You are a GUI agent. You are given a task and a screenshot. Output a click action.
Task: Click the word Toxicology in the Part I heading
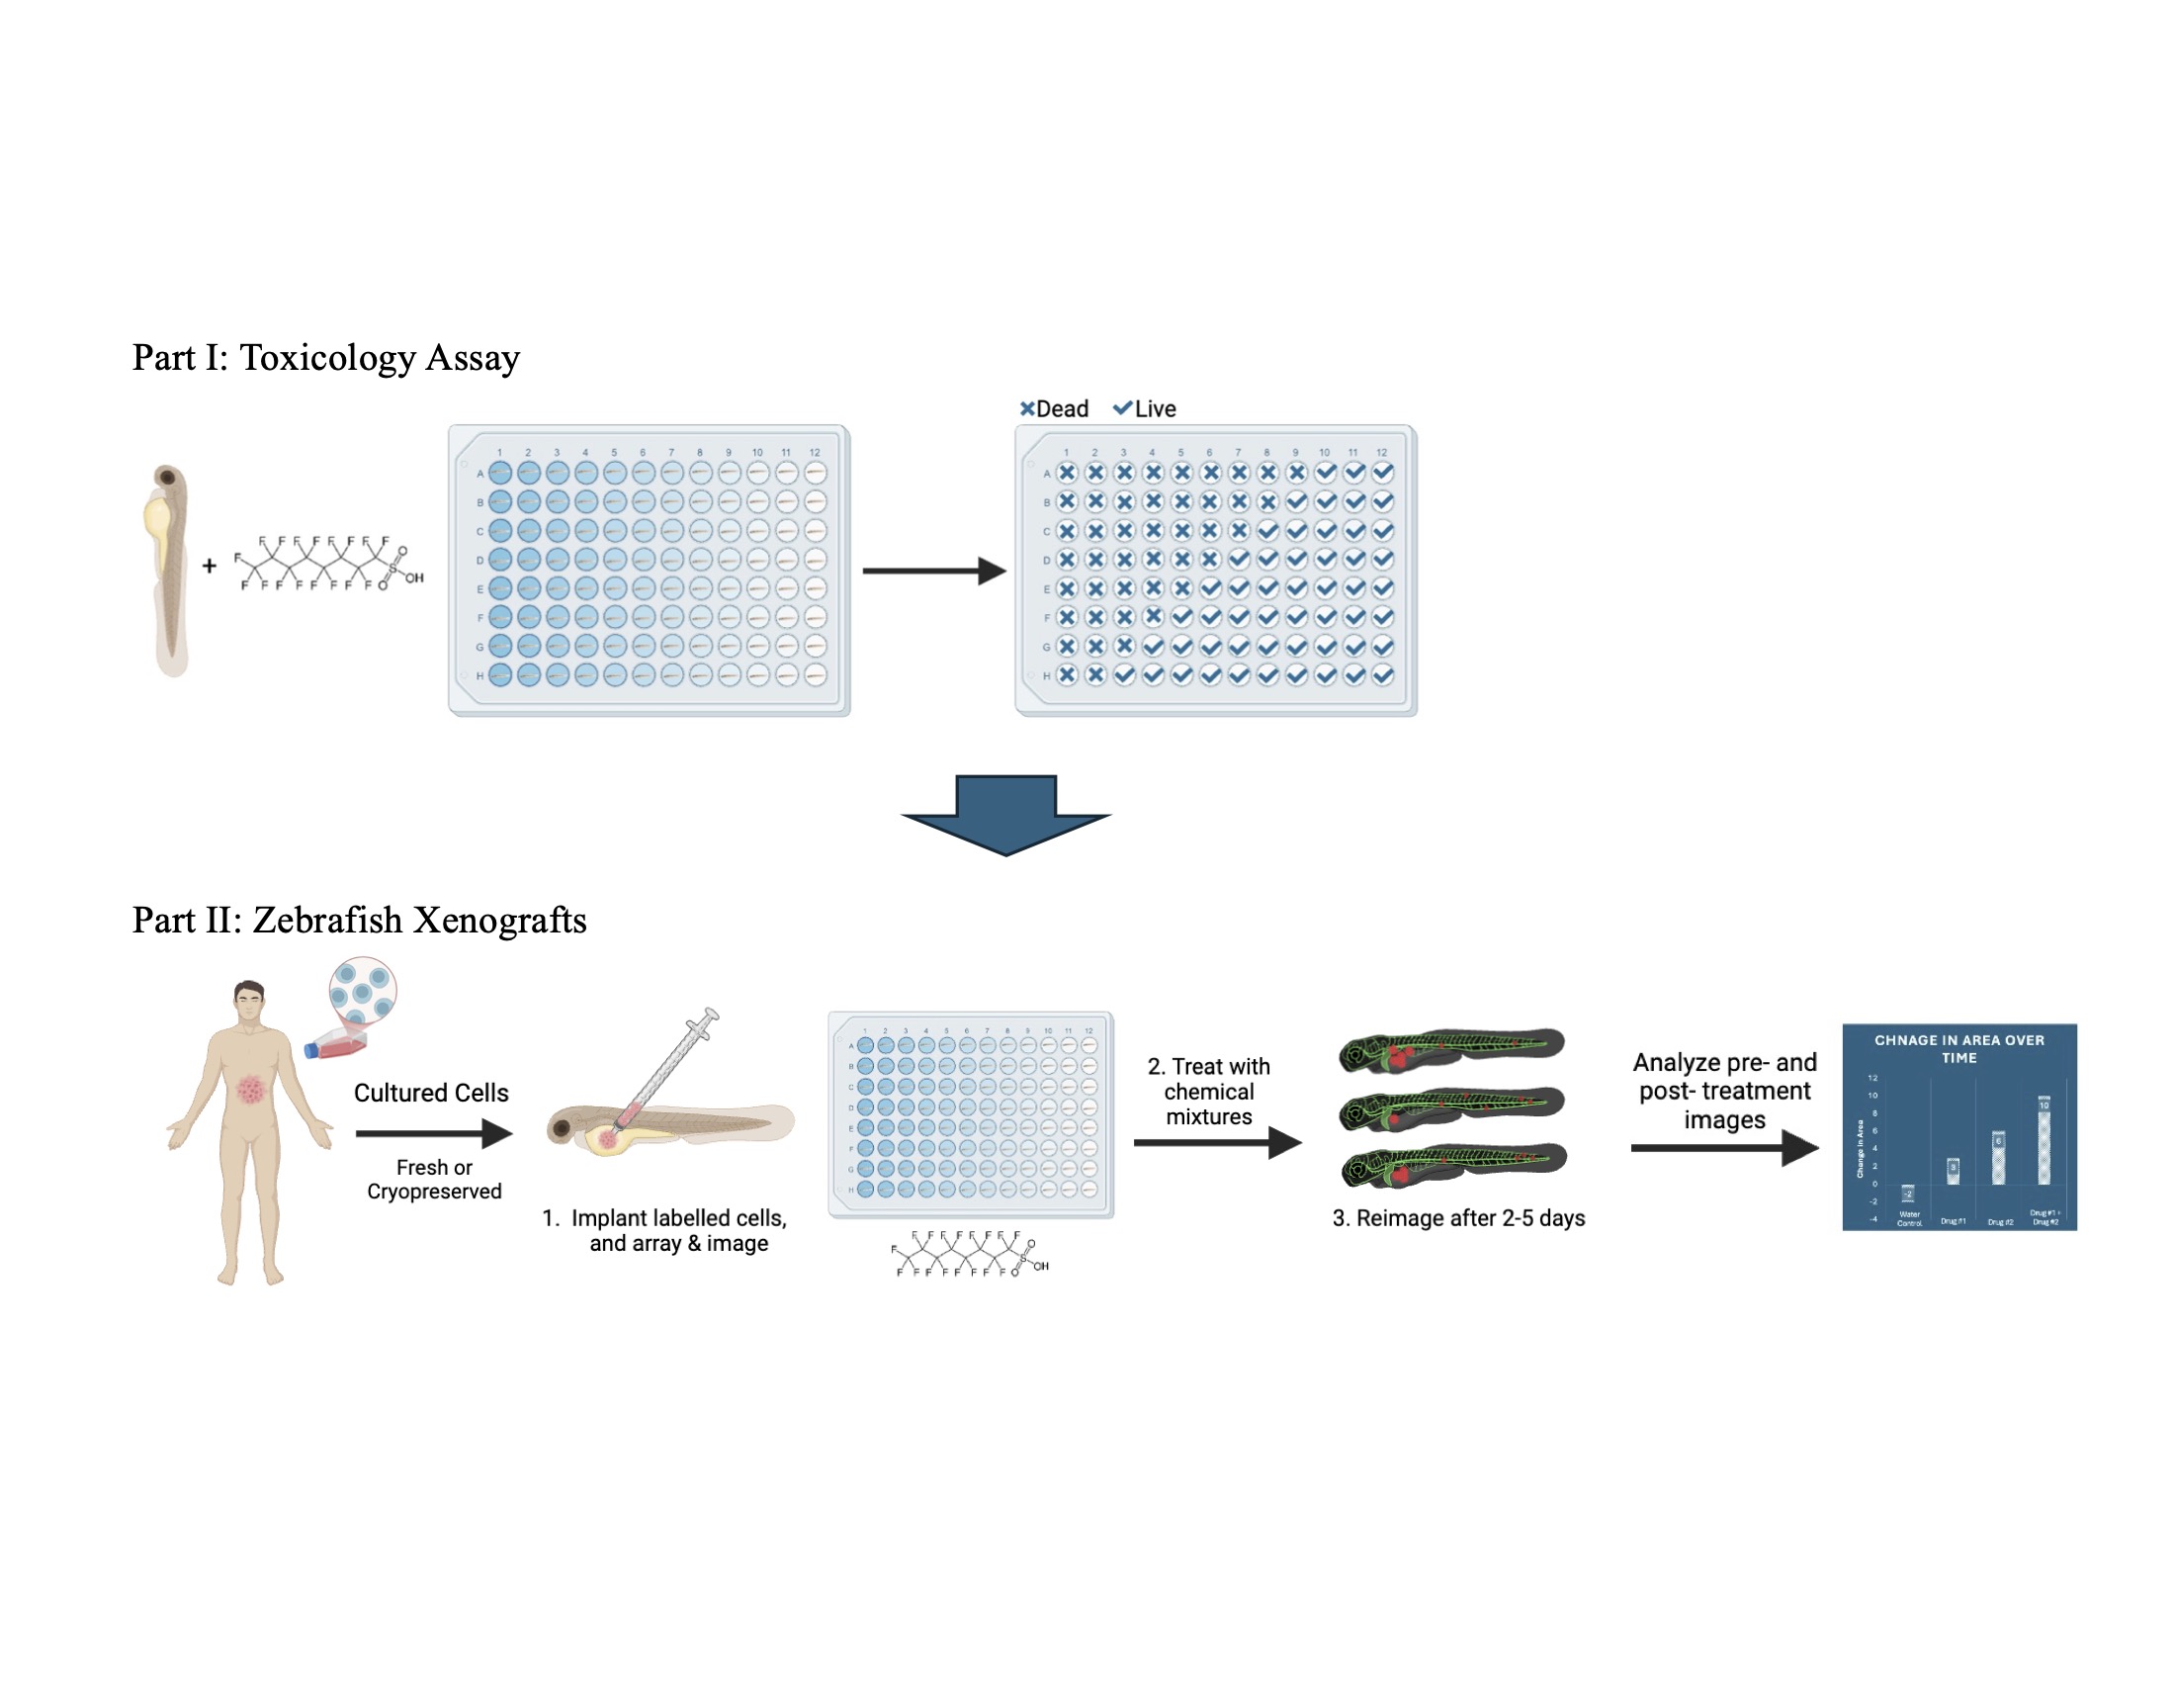pyautogui.click(x=325, y=359)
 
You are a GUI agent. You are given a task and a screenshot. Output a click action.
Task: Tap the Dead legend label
pyautogui.click(x=1062, y=409)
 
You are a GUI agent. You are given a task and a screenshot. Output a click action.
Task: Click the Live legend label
pyautogui.click(x=1154, y=409)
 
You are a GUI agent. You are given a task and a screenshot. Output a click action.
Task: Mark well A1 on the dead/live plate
pyautogui.click(x=1067, y=473)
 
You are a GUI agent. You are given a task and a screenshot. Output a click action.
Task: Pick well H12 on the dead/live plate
pyautogui.click(x=1382, y=675)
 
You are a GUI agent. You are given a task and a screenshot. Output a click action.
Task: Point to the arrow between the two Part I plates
pyautogui.click(x=933, y=571)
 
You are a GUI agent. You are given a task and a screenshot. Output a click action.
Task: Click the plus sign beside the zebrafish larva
pyautogui.click(x=210, y=567)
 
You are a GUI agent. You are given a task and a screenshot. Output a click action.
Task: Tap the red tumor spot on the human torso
pyautogui.click(x=251, y=1089)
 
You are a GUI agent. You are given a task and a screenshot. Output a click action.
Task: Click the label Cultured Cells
pyautogui.click(x=431, y=1094)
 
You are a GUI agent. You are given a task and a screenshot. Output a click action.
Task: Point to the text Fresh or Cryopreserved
pyautogui.click(x=434, y=1179)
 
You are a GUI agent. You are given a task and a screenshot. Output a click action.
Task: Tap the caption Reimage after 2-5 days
pyautogui.click(x=1459, y=1218)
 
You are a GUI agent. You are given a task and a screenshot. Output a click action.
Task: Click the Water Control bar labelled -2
pyautogui.click(x=1908, y=1194)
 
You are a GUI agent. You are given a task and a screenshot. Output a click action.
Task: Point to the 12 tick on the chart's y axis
pyautogui.click(x=1872, y=1078)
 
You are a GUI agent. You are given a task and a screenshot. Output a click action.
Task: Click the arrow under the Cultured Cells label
pyautogui.click(x=434, y=1133)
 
